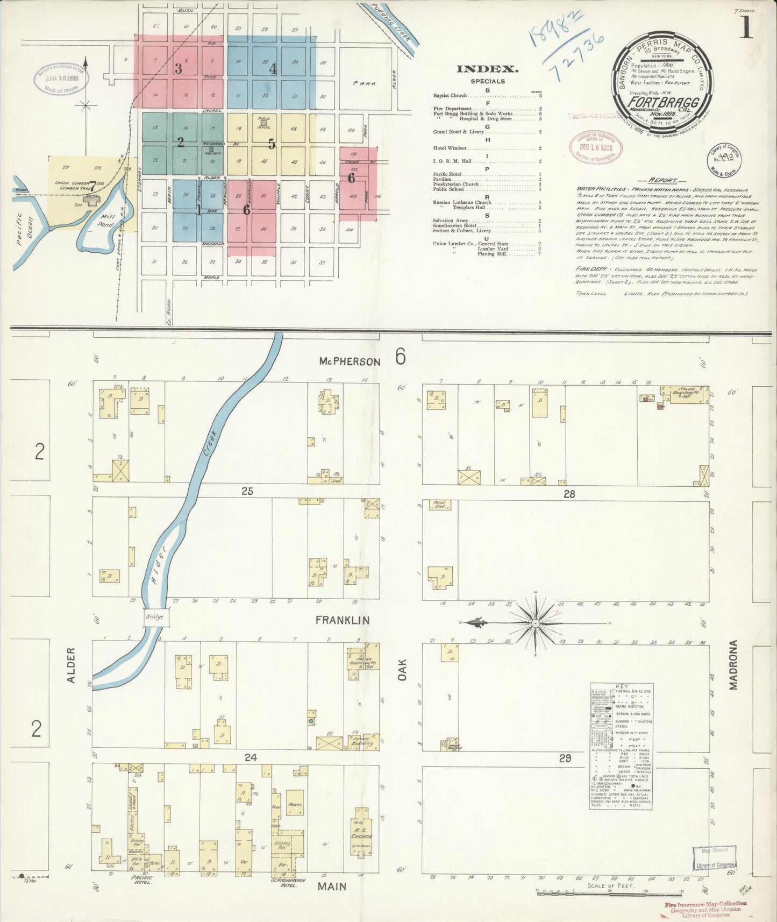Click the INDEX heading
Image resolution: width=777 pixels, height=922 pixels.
(x=487, y=69)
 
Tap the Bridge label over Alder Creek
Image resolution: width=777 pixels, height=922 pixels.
(x=154, y=616)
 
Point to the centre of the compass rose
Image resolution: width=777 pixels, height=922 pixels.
(x=536, y=623)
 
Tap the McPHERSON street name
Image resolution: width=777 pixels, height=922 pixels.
(x=349, y=361)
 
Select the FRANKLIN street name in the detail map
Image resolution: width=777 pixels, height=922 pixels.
(x=342, y=620)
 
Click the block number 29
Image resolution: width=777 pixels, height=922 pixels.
(x=565, y=758)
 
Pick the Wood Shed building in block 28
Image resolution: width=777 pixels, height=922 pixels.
(x=439, y=505)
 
